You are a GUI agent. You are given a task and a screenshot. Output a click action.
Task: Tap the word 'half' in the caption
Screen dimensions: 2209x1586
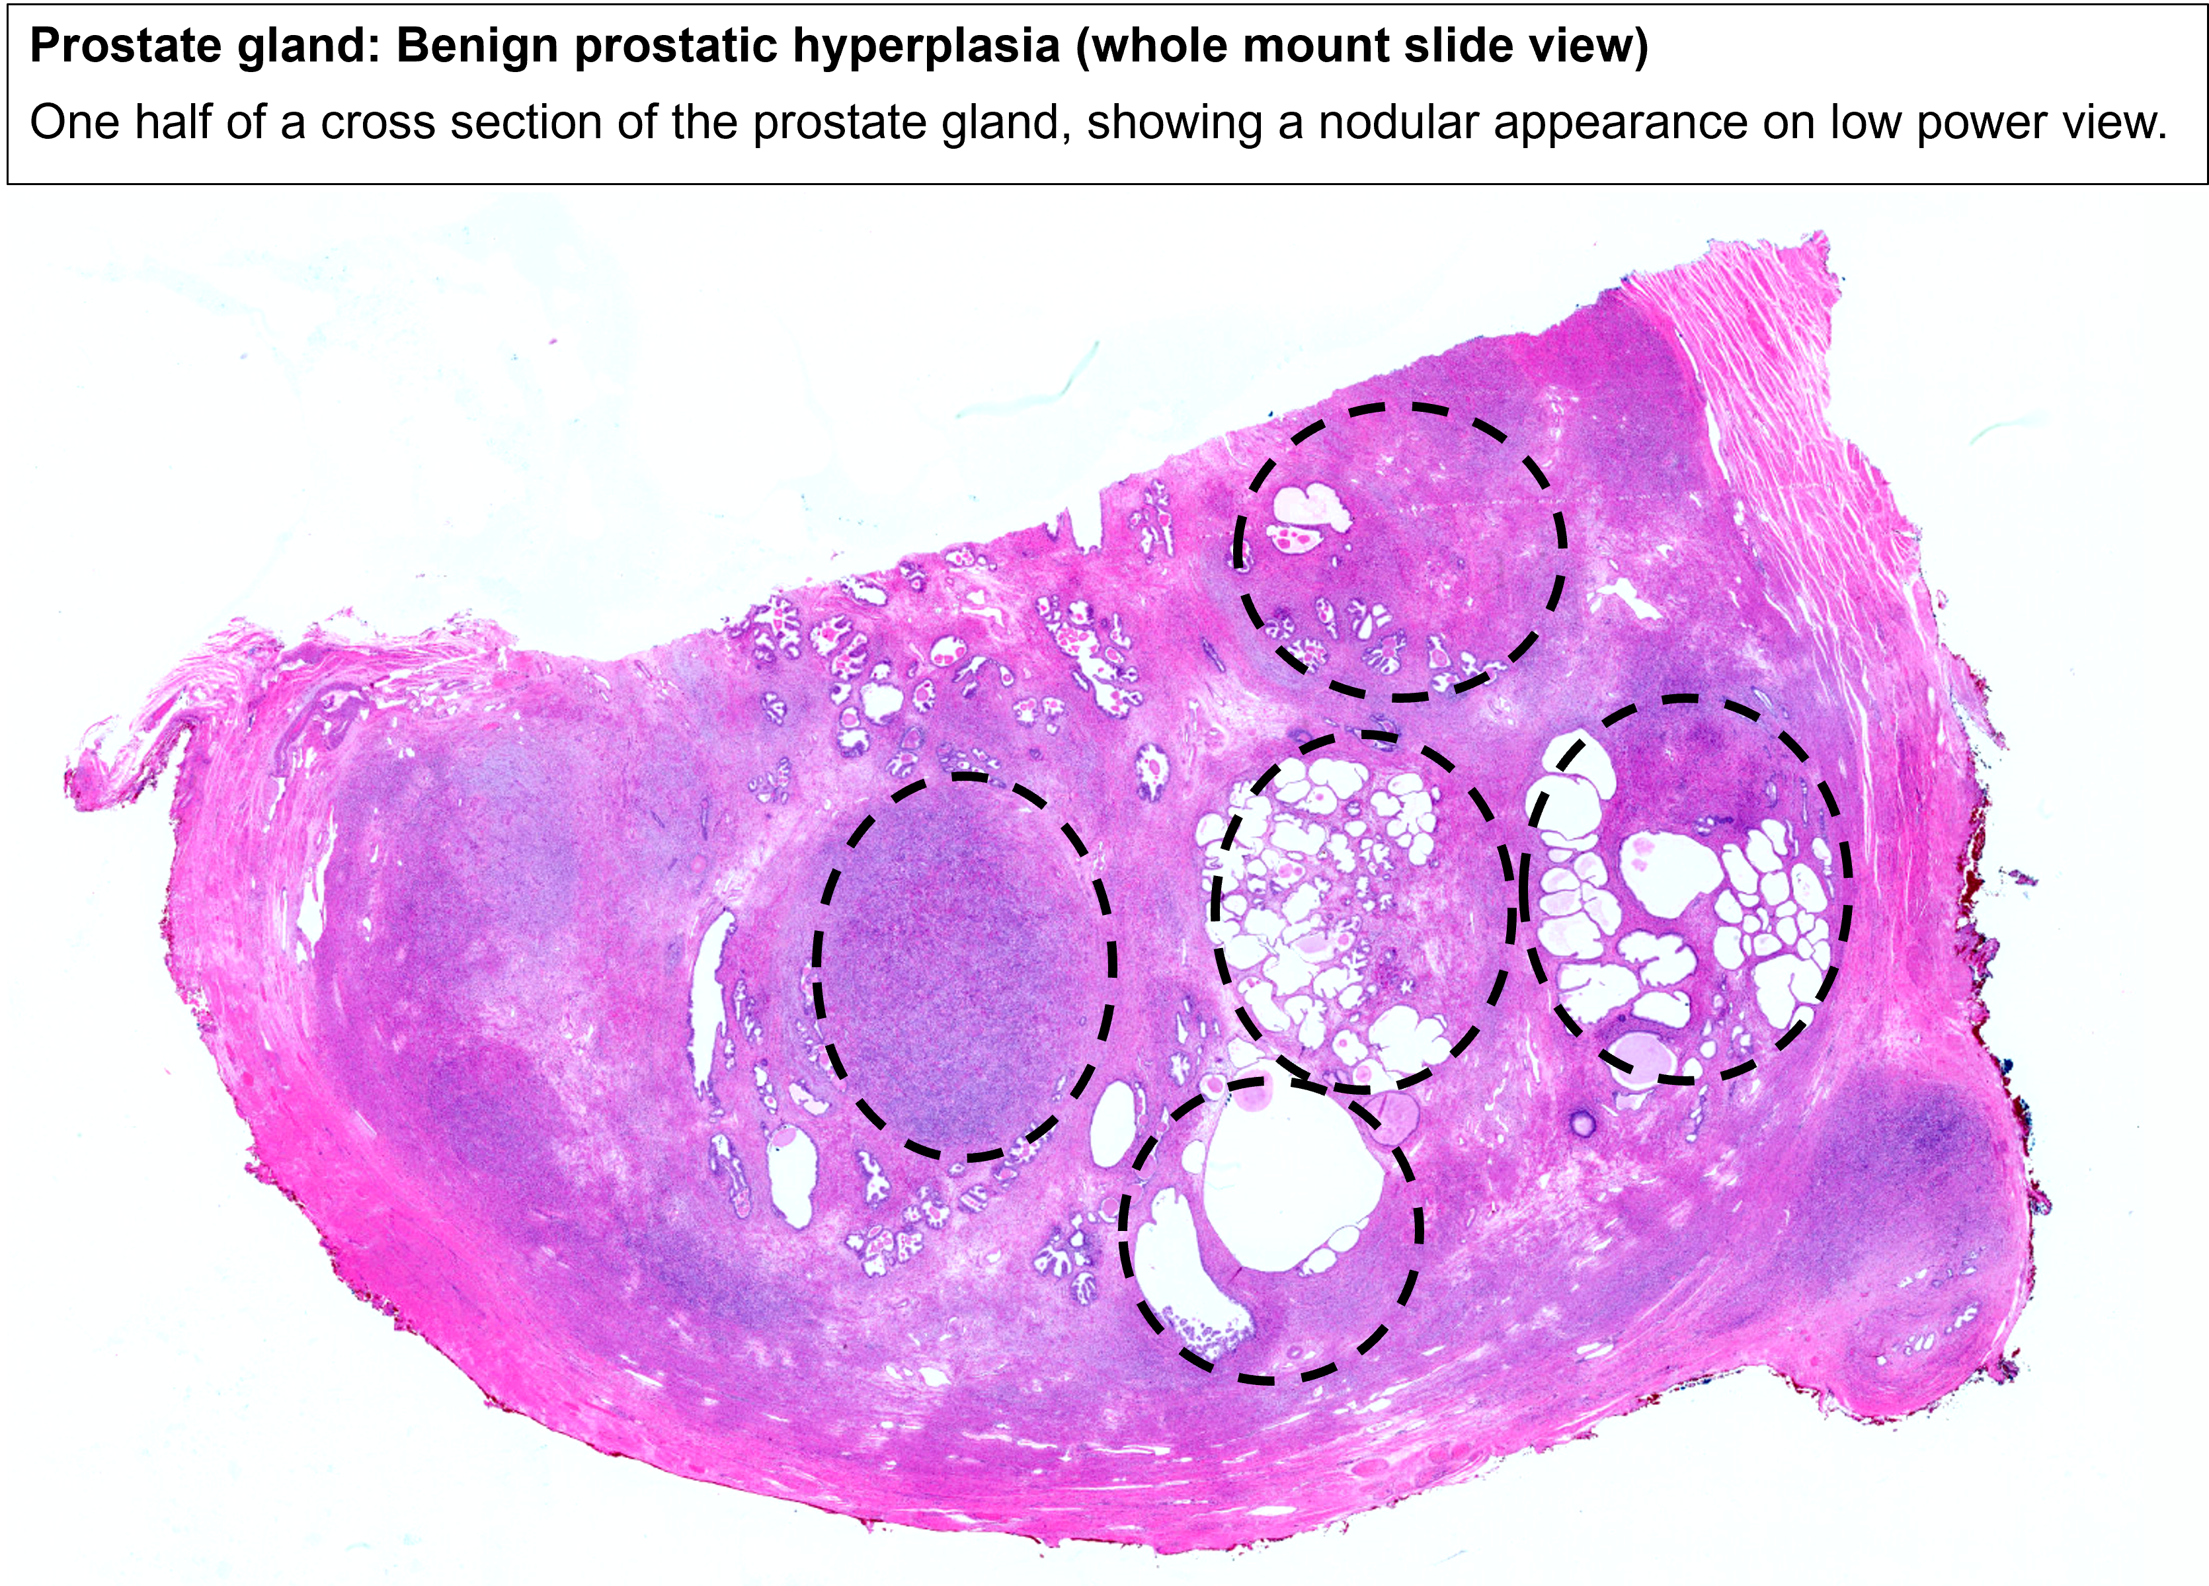tap(181, 124)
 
